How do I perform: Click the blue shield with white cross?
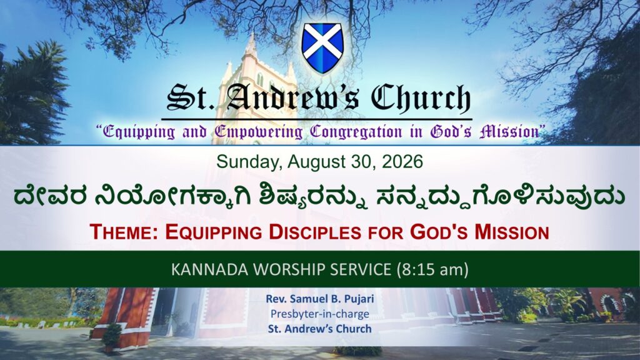[322, 48]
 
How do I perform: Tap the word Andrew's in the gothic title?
[293, 98]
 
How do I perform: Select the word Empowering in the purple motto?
[259, 132]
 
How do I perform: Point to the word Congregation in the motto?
[356, 132]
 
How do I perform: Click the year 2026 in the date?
[402, 162]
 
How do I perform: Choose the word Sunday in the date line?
[249, 162]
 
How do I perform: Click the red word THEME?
[125, 232]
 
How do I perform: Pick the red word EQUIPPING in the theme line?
[214, 232]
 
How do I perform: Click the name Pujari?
[359, 299]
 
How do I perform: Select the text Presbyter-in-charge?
[320, 314]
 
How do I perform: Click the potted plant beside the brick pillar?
[111, 337]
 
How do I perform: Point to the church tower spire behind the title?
[251, 45]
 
